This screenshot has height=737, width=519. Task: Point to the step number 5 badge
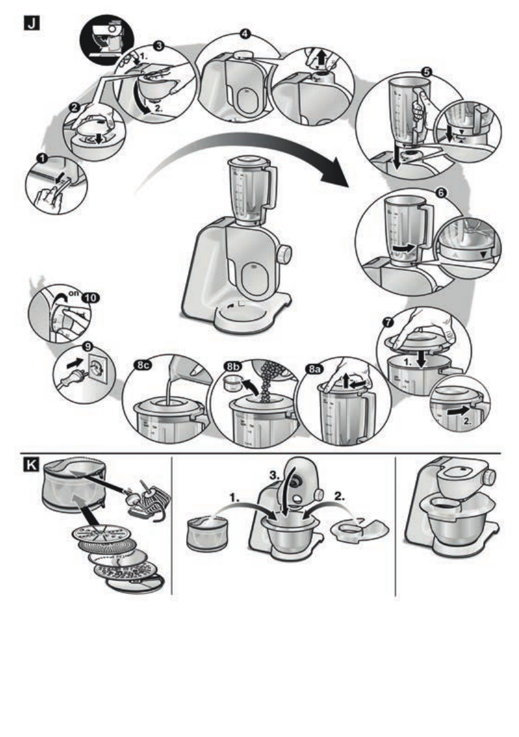(426, 72)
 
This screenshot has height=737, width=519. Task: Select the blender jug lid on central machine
(246, 162)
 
